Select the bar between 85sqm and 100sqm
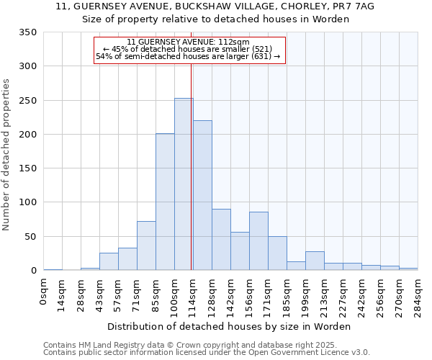click(165, 202)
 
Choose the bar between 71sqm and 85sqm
click(146, 246)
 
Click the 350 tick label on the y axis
click(28, 32)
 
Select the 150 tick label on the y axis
click(28, 168)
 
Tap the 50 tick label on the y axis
click(31, 237)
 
